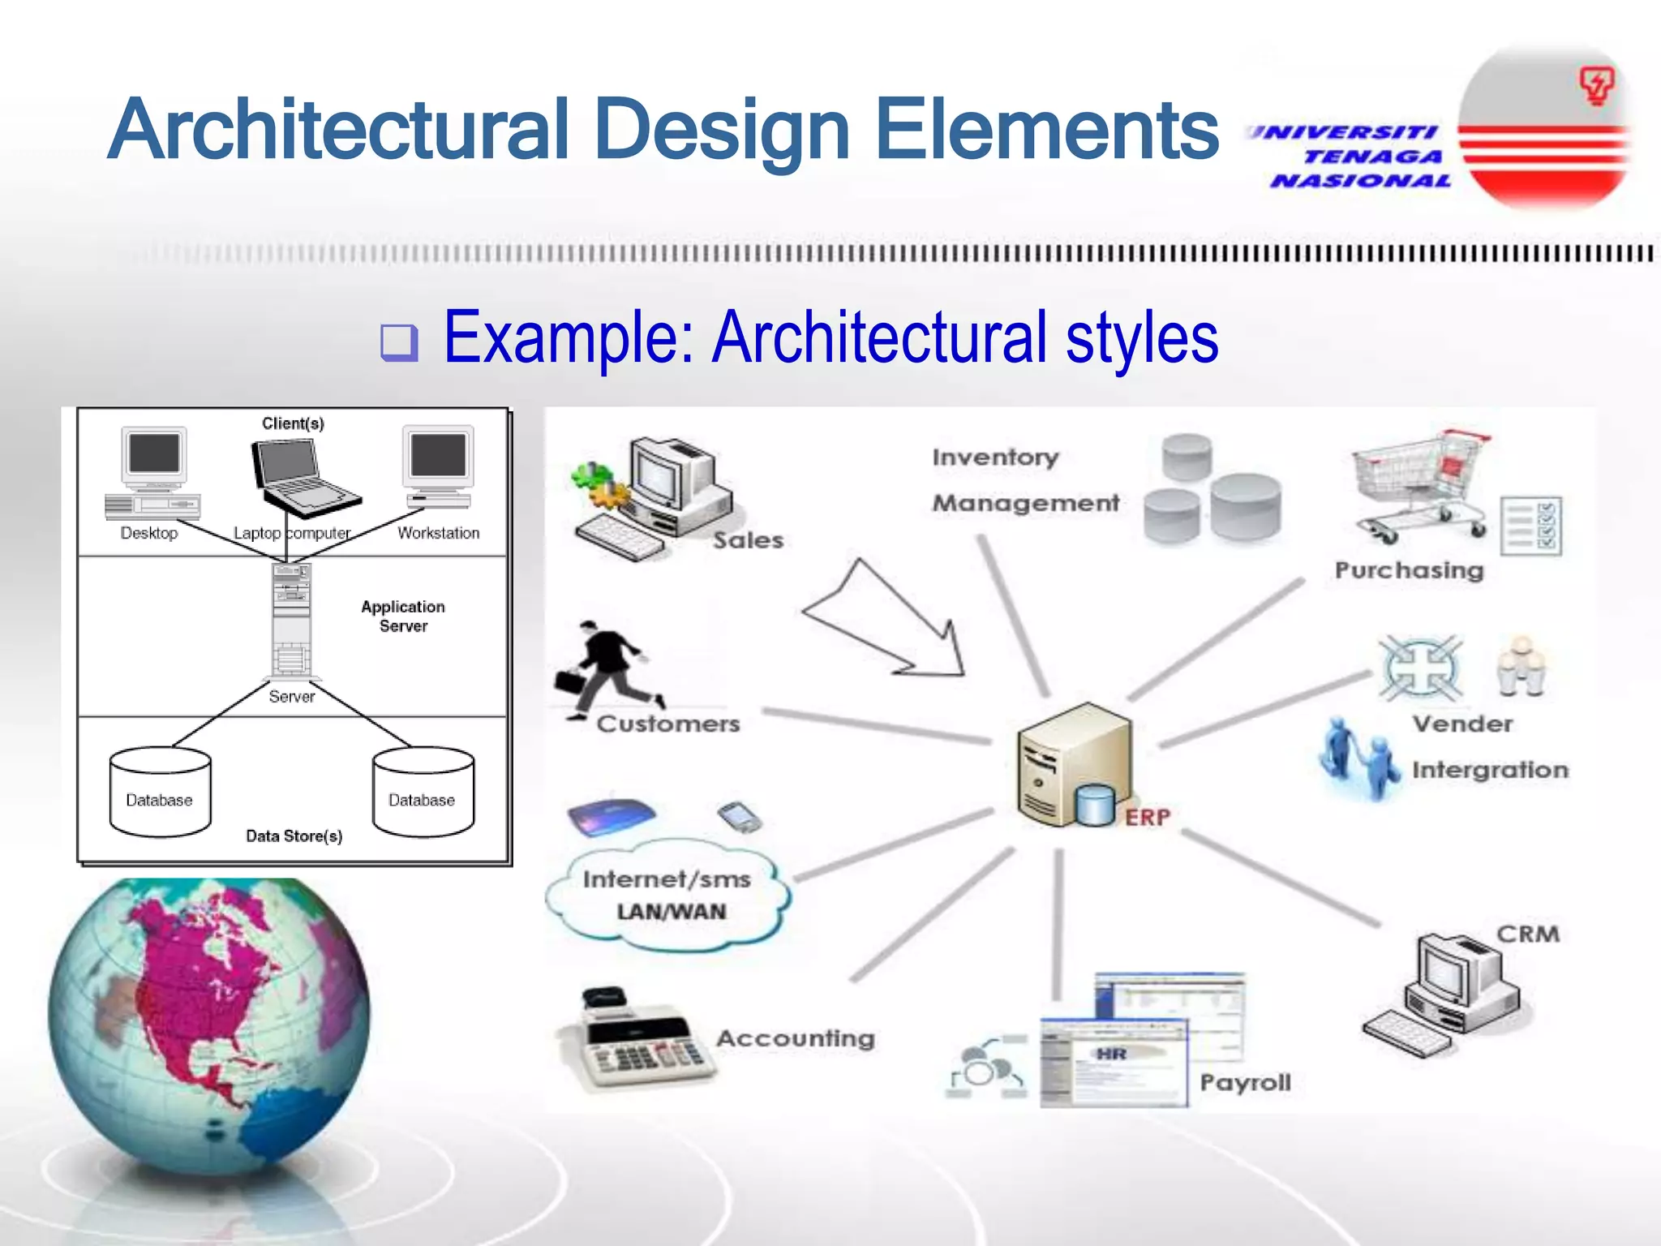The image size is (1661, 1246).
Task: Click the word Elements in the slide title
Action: tap(1046, 130)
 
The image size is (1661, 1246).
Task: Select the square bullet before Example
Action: tap(399, 342)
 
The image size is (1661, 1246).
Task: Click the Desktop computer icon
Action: tap(153, 473)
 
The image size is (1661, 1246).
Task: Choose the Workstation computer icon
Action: tap(438, 466)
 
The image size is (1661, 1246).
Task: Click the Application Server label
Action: tap(403, 617)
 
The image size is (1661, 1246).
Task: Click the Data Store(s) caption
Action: tap(294, 836)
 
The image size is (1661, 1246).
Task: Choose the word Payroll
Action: tap(1245, 1083)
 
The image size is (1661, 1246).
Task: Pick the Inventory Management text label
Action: tap(1024, 480)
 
